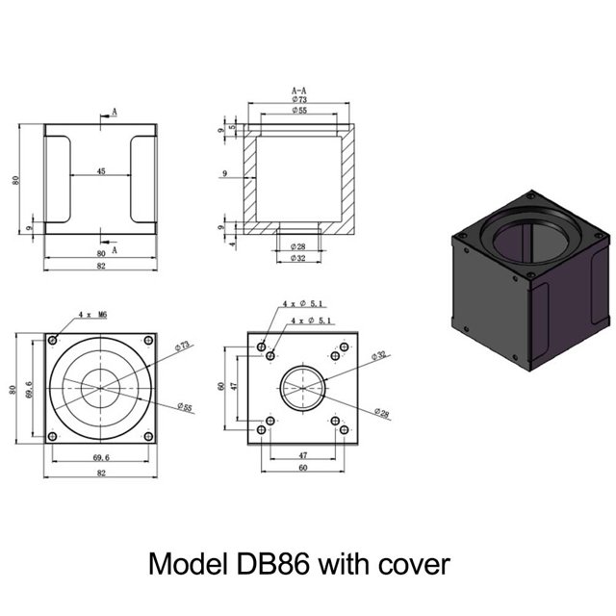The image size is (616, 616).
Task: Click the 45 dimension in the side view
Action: pyautogui.click(x=101, y=171)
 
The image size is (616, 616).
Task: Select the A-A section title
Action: pyautogui.click(x=299, y=90)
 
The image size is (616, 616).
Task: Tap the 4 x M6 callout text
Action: pyautogui.click(x=92, y=315)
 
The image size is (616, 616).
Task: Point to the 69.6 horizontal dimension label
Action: pyautogui.click(x=101, y=458)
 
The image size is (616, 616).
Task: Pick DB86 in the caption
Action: pyautogui.click(x=273, y=564)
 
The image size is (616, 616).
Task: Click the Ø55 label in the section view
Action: pyautogui.click(x=299, y=111)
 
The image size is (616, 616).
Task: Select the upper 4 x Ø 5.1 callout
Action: pyautogui.click(x=302, y=304)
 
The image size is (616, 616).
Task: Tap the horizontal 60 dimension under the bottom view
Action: pyautogui.click(x=303, y=468)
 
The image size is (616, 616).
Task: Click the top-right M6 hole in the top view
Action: pyautogui.click(x=148, y=340)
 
